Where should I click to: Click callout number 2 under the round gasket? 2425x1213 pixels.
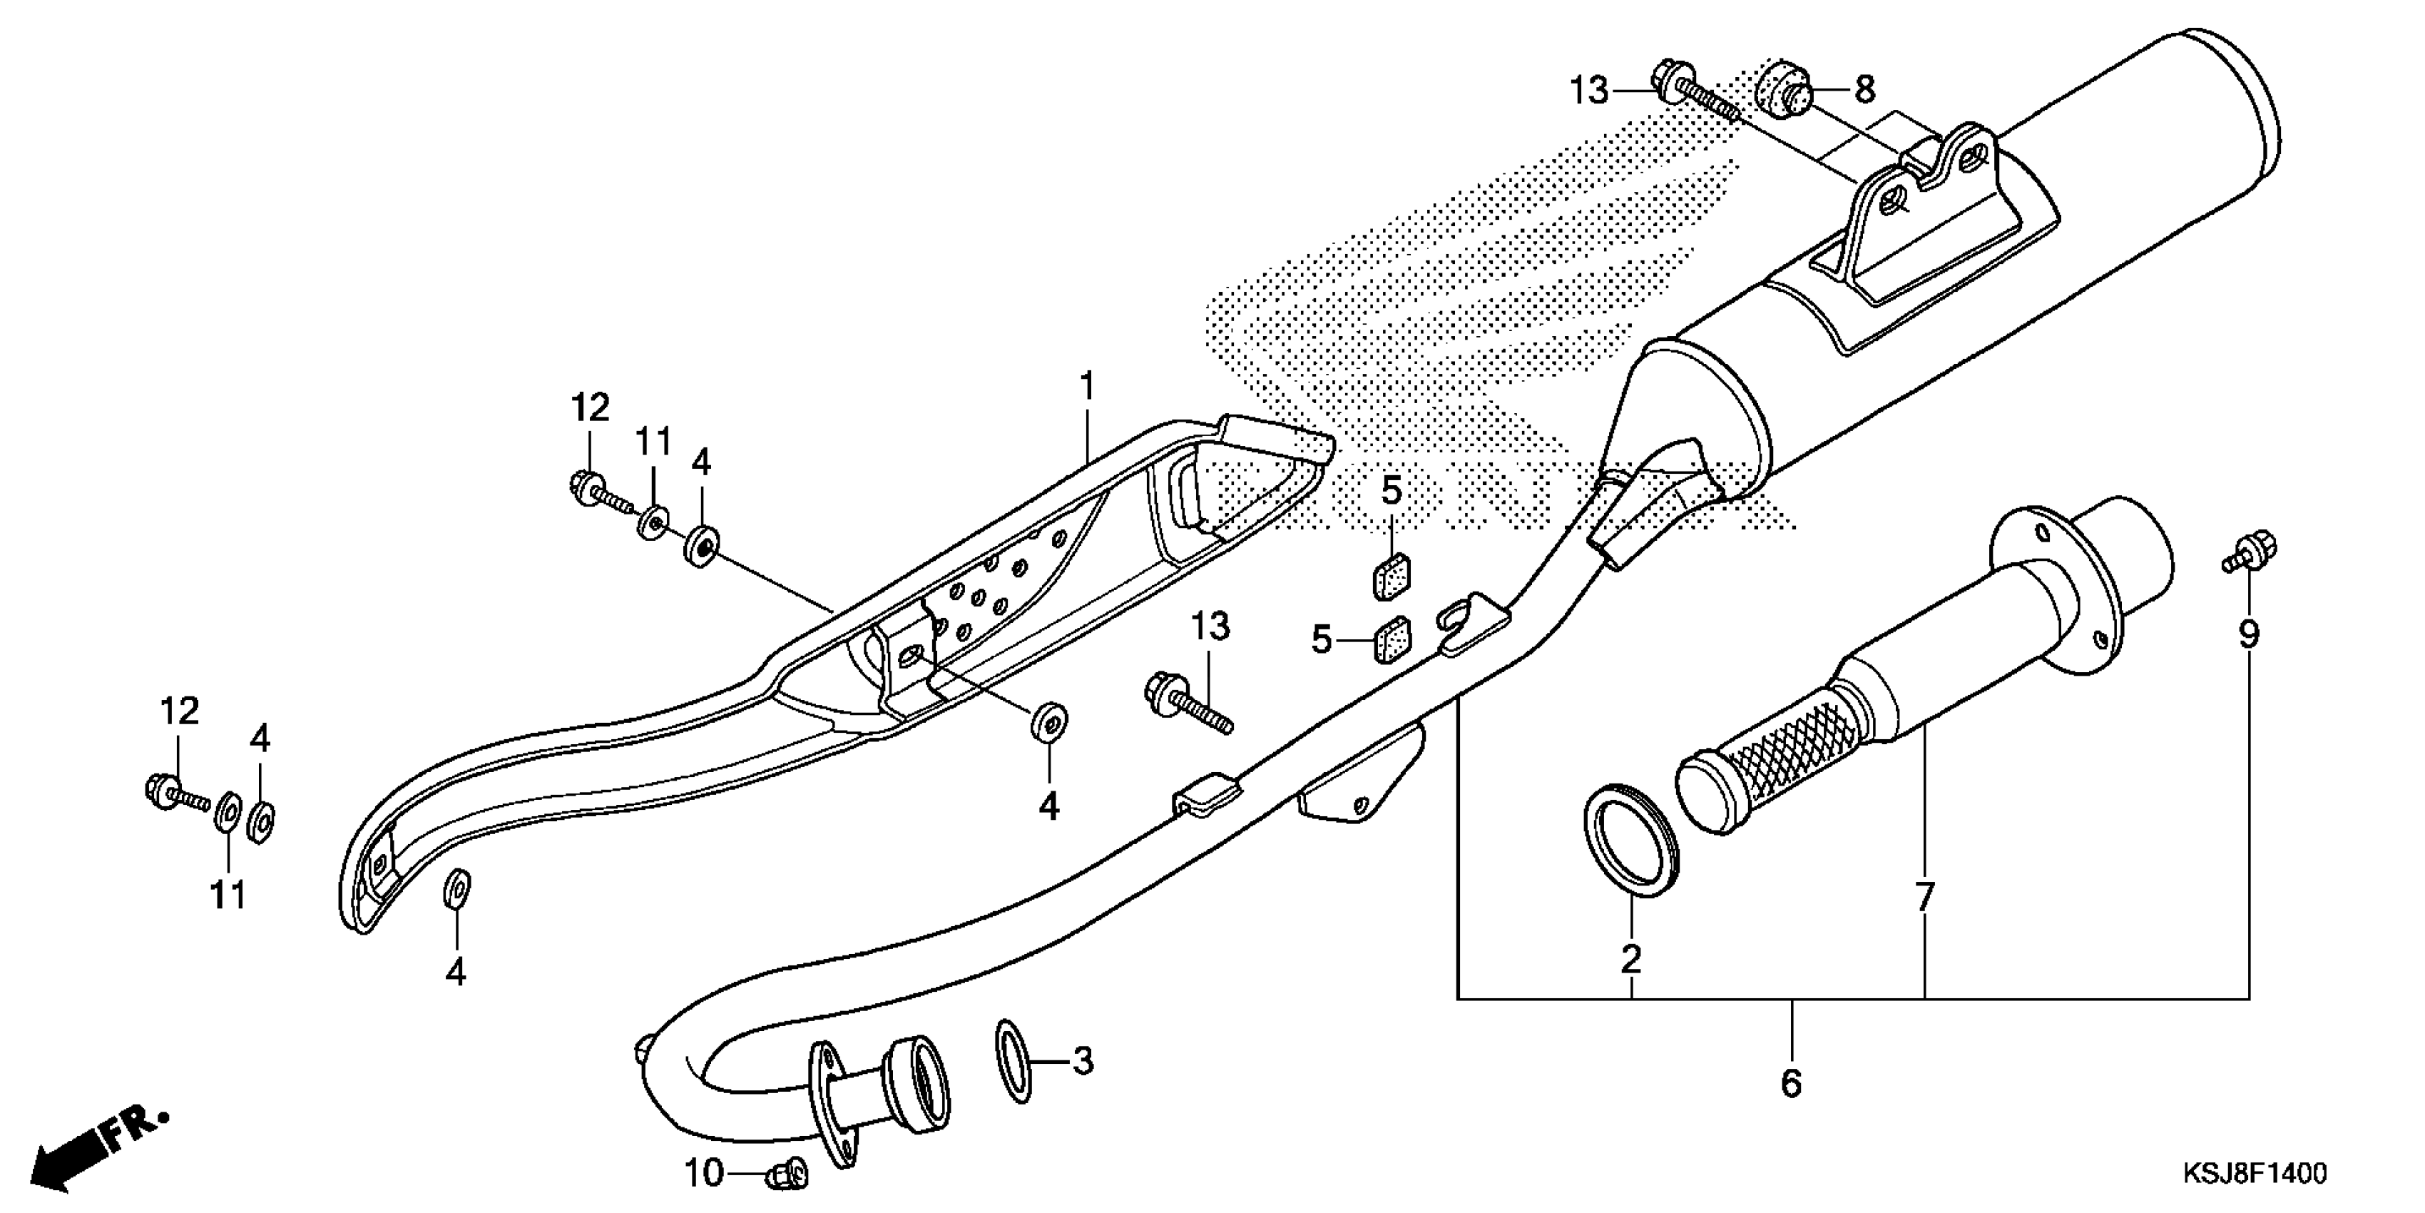tap(1630, 960)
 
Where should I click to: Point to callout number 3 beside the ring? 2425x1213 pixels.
tap(1083, 1062)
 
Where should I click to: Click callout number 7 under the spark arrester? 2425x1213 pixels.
tap(1924, 898)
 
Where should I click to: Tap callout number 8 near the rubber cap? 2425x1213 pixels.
tap(1865, 91)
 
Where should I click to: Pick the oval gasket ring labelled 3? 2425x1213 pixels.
tap(1013, 1060)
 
